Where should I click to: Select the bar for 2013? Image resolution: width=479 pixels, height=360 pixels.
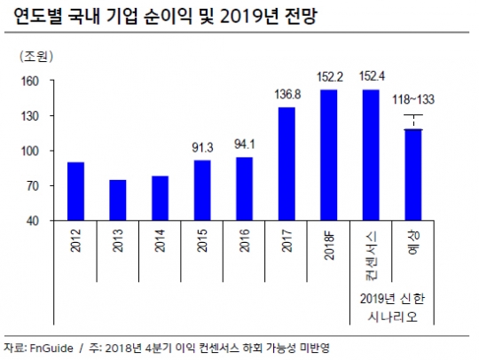point(118,200)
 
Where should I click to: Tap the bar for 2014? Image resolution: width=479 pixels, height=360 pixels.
point(160,199)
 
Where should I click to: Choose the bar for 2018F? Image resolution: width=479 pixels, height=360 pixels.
point(328,155)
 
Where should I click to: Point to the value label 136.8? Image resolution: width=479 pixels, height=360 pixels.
point(287,95)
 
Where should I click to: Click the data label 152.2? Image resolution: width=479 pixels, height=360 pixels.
point(328,77)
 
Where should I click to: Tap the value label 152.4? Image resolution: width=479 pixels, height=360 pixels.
point(371,77)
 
